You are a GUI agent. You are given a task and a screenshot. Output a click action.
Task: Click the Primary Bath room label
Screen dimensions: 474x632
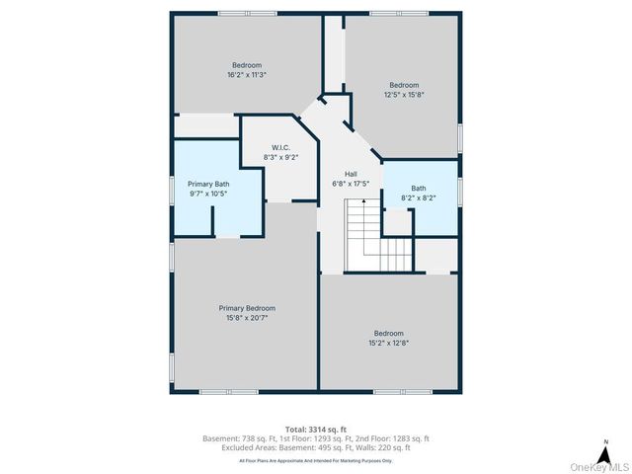pyautogui.click(x=208, y=184)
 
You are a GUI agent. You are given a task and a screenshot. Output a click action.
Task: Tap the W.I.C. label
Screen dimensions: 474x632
pyautogui.click(x=280, y=147)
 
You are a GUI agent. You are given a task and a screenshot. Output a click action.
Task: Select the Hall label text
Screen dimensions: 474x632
pyautogui.click(x=351, y=173)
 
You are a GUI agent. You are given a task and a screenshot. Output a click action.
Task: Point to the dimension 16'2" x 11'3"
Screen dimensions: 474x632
pyautogui.click(x=247, y=74)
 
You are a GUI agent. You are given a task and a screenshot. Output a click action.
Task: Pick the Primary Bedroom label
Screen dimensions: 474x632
pyautogui.click(x=247, y=308)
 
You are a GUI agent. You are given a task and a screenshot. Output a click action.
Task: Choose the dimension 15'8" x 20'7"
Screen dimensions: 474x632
pyautogui.click(x=247, y=318)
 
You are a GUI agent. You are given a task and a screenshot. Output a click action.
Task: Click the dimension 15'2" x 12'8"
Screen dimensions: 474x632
pyautogui.click(x=388, y=343)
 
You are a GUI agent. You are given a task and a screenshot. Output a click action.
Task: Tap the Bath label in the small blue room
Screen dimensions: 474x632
pyautogui.click(x=419, y=188)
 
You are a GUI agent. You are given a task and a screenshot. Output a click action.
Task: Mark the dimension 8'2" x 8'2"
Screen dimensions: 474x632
pyautogui.click(x=419, y=197)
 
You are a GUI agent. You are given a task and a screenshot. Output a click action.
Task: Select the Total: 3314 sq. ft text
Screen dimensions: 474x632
pyautogui.click(x=316, y=429)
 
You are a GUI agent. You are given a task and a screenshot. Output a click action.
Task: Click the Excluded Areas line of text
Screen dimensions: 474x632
pyautogui.click(x=316, y=446)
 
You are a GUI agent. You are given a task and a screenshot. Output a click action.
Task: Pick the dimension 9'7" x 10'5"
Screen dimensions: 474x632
pyautogui.click(x=208, y=194)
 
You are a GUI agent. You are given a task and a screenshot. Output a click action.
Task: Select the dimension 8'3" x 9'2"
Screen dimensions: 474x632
pyautogui.click(x=280, y=157)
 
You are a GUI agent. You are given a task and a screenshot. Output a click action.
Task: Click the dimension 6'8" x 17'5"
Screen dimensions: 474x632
pyautogui.click(x=351, y=183)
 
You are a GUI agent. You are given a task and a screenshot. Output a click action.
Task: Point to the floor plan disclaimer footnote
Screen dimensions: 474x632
pyautogui.click(x=316, y=460)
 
